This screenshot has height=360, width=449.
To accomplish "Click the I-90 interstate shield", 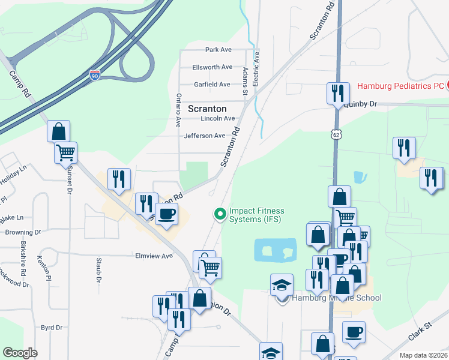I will pos(95,75).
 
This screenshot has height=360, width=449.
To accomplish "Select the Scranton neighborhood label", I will pos(207,109).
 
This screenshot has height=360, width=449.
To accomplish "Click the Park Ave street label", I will pos(218,50).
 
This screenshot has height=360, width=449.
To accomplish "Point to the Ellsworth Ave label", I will pos(212,67).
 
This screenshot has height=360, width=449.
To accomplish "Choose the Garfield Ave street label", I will pos(211,85).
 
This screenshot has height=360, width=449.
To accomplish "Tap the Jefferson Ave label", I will pos(204,136).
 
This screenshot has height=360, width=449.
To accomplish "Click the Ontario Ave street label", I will pos(178,110).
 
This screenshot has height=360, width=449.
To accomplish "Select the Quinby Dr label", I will pos(360,104).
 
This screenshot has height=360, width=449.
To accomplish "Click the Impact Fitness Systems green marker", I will pos(220,213).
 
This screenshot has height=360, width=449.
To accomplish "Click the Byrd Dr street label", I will pos(52,328).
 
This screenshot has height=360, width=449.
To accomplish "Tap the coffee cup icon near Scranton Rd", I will pos(166,214).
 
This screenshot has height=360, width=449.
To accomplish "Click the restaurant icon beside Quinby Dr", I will pos(337,93).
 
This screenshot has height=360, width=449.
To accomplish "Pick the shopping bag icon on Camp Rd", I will pos(59,131).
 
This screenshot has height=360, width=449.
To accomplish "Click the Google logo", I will pos(20,353).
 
